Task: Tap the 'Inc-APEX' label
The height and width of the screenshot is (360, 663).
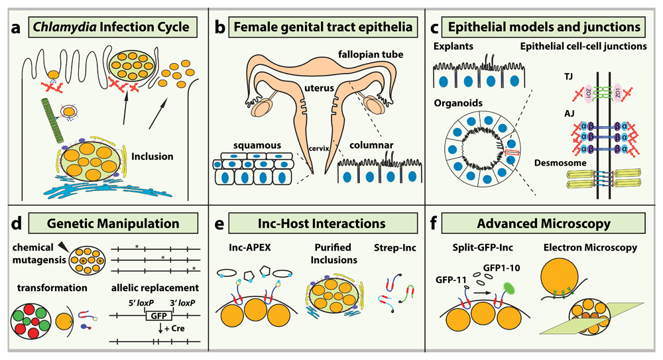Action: pyautogui.click(x=243, y=249)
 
